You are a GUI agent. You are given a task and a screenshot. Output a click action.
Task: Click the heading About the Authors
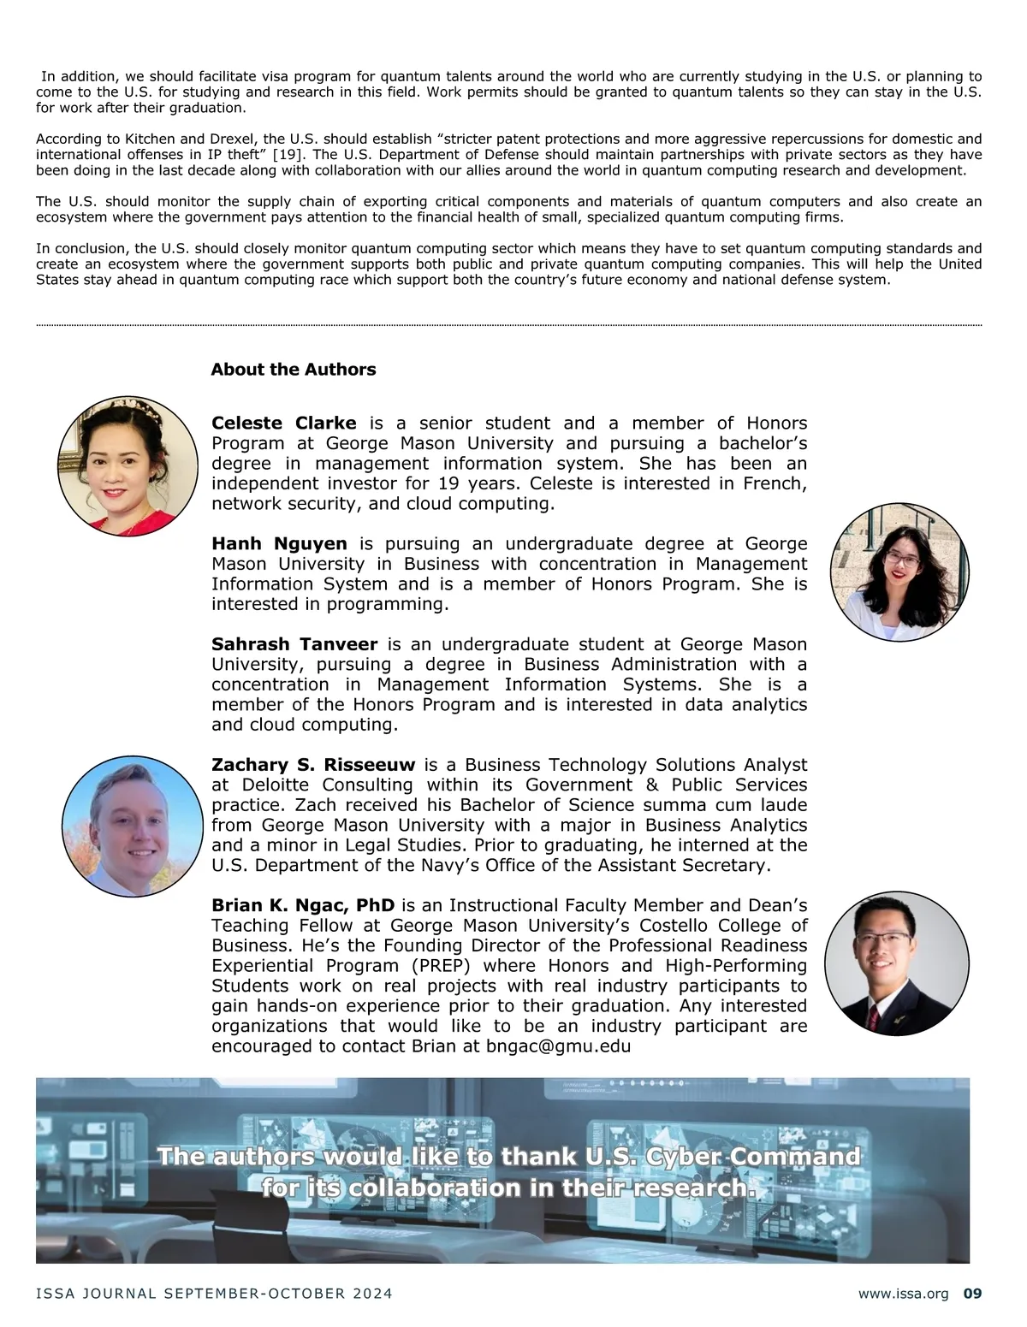[293, 370]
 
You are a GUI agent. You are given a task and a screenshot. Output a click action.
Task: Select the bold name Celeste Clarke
[283, 424]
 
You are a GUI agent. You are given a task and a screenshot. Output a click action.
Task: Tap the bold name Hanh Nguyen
[279, 544]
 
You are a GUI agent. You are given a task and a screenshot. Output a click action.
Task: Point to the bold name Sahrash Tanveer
[294, 644]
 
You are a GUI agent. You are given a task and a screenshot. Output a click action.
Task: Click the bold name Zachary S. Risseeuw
[312, 765]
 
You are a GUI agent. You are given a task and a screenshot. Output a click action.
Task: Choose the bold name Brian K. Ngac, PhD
[303, 905]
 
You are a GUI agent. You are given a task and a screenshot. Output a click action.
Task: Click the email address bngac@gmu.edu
[558, 1046]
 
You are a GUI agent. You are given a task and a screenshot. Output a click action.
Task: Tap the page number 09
[972, 1294]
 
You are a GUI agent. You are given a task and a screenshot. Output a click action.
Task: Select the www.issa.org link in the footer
[903, 1294]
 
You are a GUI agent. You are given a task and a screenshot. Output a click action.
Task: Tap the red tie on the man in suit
[873, 1016]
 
